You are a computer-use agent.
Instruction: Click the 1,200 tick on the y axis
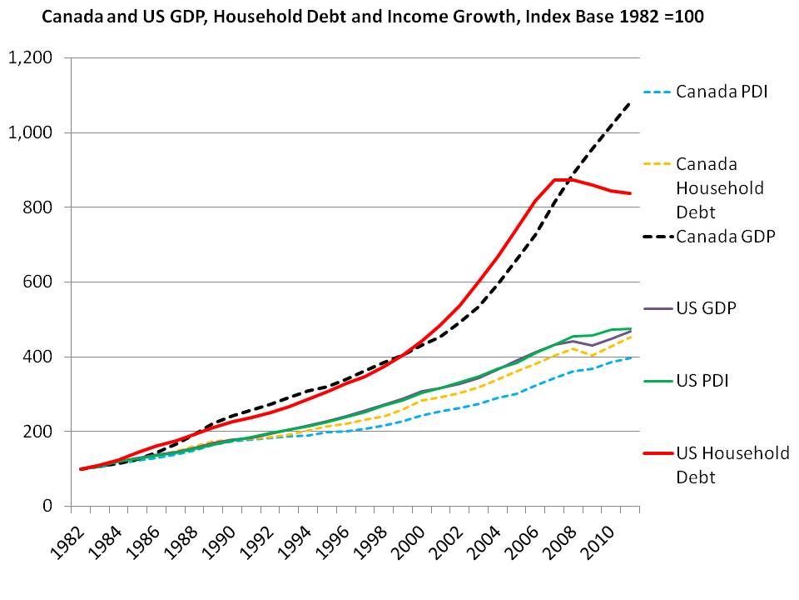30,58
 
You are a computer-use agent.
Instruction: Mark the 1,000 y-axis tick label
30,133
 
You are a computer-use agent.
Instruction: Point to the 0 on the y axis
47,507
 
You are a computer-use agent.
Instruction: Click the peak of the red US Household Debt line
556,179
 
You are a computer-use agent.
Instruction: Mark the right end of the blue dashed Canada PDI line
630,357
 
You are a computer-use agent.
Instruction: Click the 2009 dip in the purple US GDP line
591,345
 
